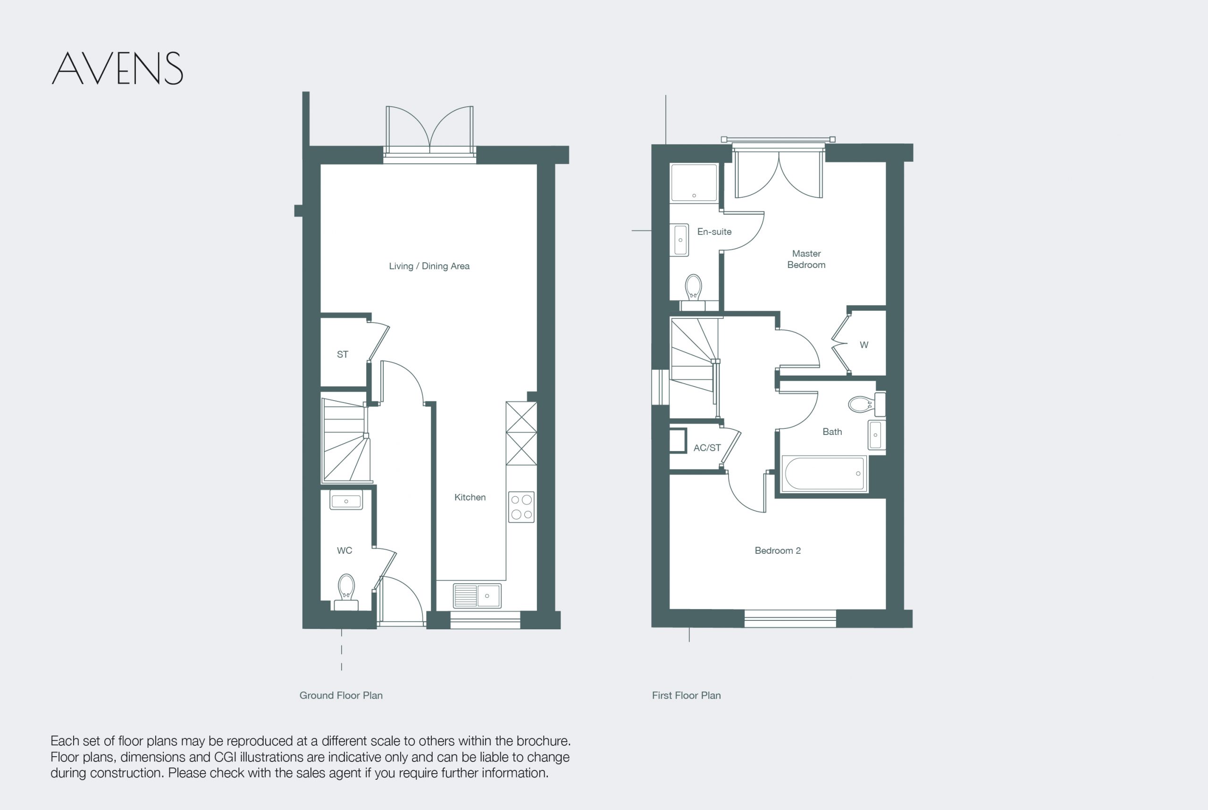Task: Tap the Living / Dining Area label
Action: (429, 266)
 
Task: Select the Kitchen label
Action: (470, 497)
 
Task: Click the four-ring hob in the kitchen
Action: (521, 507)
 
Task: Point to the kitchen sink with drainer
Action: (477, 596)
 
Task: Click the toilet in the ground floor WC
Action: (346, 592)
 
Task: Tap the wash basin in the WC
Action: (346, 500)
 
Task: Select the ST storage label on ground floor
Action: (343, 354)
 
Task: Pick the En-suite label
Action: (714, 232)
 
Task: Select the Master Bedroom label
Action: (806, 259)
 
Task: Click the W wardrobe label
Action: (864, 345)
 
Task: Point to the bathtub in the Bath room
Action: (824, 473)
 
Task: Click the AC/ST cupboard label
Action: (707, 448)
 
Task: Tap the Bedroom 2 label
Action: (778, 551)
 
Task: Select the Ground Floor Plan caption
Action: (341, 695)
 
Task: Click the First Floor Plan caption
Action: (686, 695)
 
